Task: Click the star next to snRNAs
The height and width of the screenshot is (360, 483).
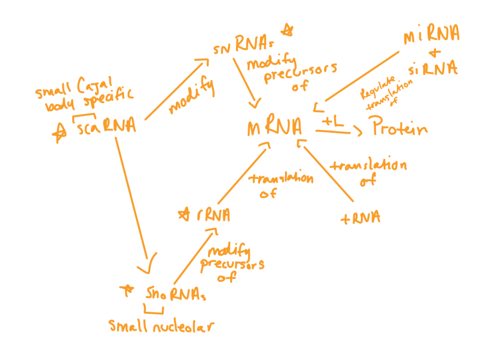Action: [287, 32]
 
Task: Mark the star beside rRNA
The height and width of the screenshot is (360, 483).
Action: [182, 215]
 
